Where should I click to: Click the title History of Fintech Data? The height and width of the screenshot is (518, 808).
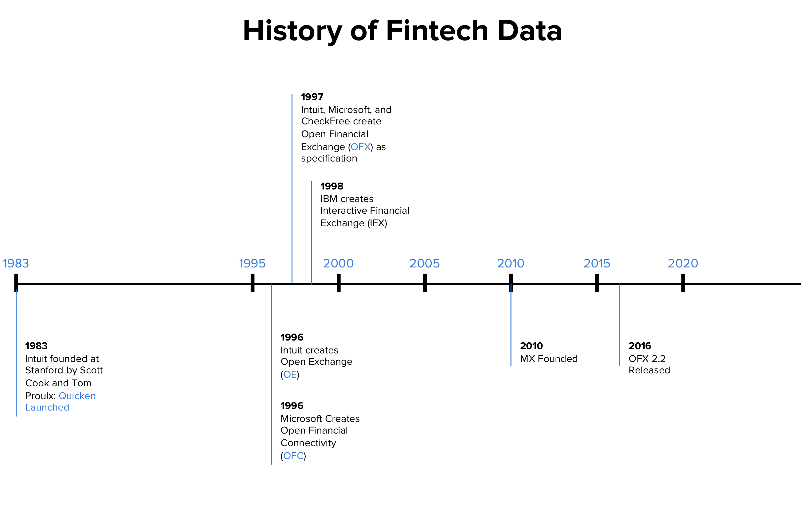402,31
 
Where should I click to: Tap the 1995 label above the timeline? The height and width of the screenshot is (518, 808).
253,263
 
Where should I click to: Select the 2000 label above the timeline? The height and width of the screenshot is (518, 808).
339,263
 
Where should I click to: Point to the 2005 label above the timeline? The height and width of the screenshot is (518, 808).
425,263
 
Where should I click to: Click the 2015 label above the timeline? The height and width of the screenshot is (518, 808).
597,263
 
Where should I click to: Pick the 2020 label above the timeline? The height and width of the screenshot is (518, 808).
683,263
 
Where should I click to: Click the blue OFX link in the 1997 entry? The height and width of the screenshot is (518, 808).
360,147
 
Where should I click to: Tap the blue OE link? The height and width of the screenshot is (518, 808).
290,375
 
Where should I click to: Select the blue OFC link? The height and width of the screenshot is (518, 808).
293,456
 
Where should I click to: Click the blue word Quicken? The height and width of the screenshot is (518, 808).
77,396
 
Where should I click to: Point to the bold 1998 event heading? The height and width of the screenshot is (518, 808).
332,186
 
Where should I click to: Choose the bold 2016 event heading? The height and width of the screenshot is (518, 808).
640,346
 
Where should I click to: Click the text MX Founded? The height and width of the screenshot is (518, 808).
549,359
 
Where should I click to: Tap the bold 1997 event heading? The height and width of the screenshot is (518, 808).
312,97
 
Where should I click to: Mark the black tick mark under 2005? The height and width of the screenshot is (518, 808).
425,283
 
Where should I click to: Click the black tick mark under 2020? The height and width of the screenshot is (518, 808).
683,283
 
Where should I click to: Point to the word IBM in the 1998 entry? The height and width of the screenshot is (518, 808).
329,199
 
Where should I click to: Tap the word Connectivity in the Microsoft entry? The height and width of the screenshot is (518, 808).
308,443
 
